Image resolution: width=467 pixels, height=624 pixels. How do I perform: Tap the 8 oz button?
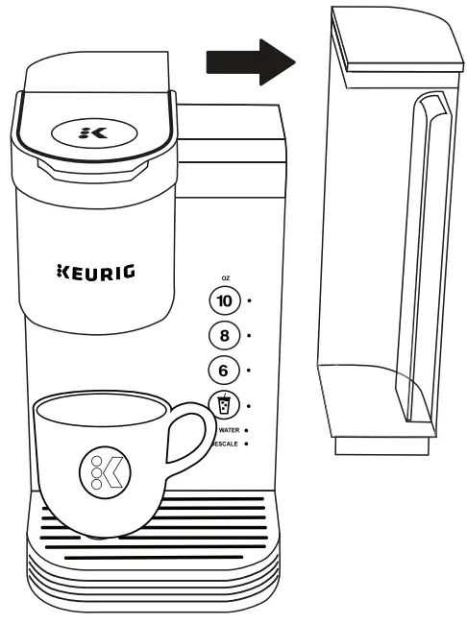coord(224,335)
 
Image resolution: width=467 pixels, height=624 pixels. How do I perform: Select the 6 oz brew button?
coord(224,370)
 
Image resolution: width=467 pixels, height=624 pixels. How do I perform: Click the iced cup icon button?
coord(224,405)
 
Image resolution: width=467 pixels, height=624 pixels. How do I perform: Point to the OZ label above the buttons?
coord(225,277)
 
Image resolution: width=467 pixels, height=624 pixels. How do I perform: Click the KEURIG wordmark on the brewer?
coord(96,272)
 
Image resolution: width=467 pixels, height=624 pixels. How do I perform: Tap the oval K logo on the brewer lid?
coord(93,132)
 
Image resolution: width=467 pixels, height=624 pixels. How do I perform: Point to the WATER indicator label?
coord(227,430)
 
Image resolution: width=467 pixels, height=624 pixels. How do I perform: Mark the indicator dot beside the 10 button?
coord(250,300)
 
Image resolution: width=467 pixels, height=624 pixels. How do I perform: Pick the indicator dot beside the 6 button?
coord(250,370)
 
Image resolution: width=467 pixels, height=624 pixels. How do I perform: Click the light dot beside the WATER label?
coord(247,430)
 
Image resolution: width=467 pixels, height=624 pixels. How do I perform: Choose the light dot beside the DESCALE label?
coord(247,444)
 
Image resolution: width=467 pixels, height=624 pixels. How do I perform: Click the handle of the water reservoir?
coord(420,259)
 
